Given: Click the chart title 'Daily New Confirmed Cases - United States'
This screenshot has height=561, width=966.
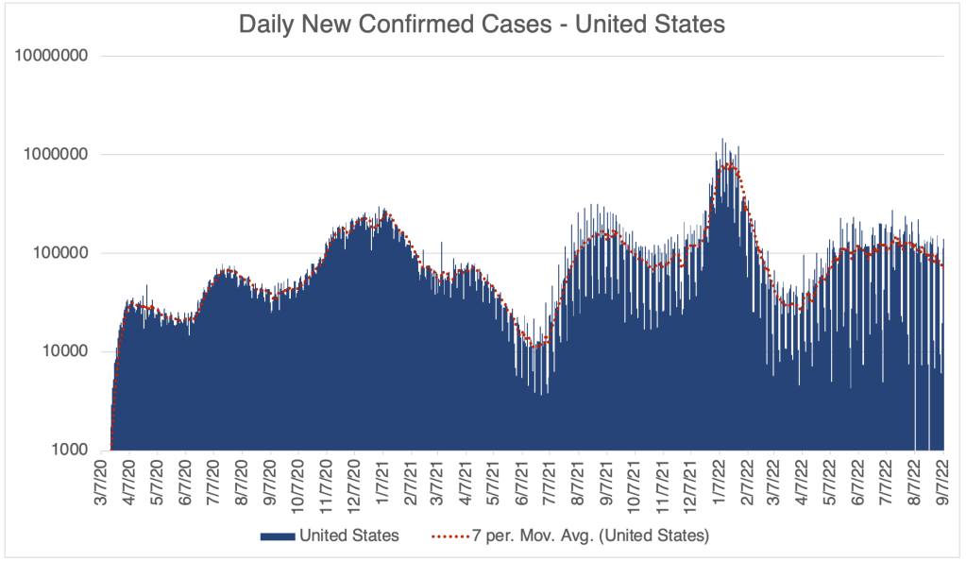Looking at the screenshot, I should point(482,25).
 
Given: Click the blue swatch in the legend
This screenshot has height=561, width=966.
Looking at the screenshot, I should point(278,536).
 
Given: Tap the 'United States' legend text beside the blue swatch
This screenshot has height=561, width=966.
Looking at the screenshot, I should point(349,536).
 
